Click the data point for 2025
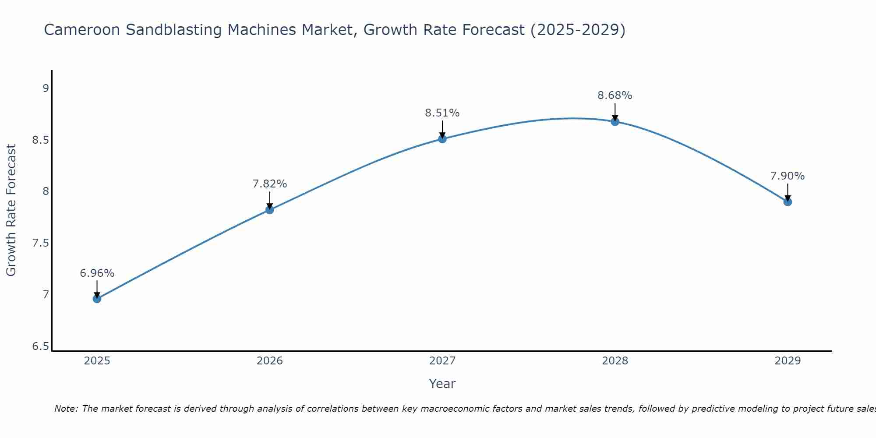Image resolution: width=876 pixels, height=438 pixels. (x=97, y=299)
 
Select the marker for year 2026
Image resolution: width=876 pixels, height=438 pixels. (x=269, y=210)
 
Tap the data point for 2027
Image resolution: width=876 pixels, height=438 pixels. (x=442, y=139)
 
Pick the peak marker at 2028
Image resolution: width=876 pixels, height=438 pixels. (x=615, y=121)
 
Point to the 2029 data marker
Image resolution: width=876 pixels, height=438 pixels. (x=788, y=202)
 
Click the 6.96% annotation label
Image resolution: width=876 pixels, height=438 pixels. (x=97, y=273)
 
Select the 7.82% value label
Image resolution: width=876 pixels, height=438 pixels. (x=269, y=184)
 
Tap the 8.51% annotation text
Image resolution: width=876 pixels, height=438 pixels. (x=442, y=113)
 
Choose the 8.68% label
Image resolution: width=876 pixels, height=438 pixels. (x=615, y=95)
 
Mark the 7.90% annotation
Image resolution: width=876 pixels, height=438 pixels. (x=788, y=176)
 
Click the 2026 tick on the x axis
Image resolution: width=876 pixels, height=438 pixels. (x=269, y=361)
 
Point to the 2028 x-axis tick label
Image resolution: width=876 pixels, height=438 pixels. (x=615, y=361)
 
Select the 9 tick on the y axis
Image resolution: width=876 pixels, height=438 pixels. (x=46, y=88)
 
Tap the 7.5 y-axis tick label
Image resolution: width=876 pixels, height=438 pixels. (x=40, y=243)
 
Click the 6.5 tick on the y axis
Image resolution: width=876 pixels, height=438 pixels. (x=40, y=346)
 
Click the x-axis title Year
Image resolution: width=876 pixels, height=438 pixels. (x=442, y=384)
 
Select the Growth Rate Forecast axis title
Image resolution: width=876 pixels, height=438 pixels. (x=11, y=210)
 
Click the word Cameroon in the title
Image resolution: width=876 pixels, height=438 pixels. (x=82, y=30)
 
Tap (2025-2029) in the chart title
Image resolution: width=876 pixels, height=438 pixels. (x=578, y=30)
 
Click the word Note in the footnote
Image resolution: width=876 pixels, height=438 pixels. (x=66, y=409)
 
